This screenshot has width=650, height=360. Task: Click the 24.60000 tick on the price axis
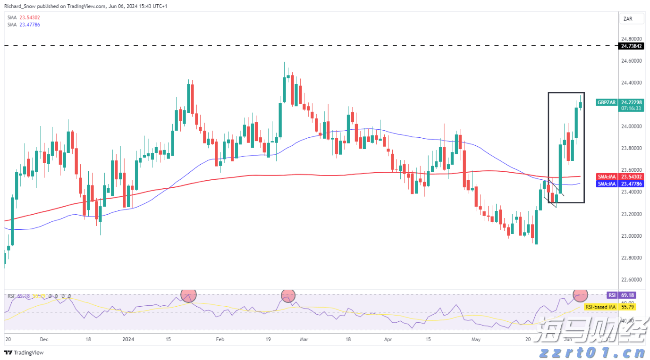(x=632, y=61)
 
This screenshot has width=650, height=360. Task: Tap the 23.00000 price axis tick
(x=632, y=236)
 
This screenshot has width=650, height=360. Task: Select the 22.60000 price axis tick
(x=632, y=280)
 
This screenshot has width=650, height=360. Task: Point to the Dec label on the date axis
(x=44, y=339)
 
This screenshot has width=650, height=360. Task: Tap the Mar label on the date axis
(x=304, y=339)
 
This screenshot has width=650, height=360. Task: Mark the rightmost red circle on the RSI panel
(x=580, y=295)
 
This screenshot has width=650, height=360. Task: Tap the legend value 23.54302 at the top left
(x=30, y=18)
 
